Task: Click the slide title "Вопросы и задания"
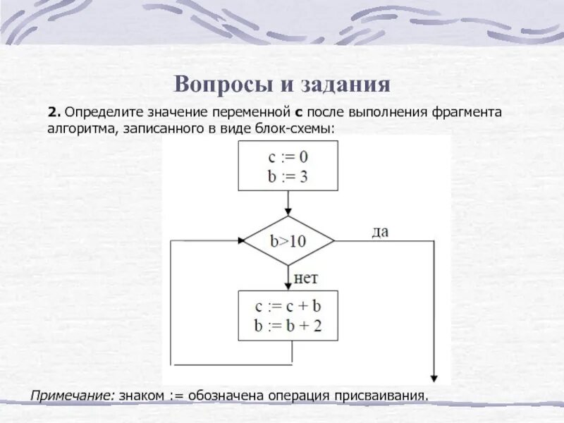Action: pos(282,85)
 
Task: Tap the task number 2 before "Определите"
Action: pos(54,112)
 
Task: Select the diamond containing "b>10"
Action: pos(288,240)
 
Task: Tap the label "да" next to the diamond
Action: pos(380,231)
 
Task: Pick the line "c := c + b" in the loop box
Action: pos(288,307)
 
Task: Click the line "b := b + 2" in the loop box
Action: pos(288,327)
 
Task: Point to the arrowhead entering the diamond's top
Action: pos(288,212)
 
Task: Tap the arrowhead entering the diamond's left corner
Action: pos(239,240)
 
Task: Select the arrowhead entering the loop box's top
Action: pos(288,286)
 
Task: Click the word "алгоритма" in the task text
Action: pos(75,129)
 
